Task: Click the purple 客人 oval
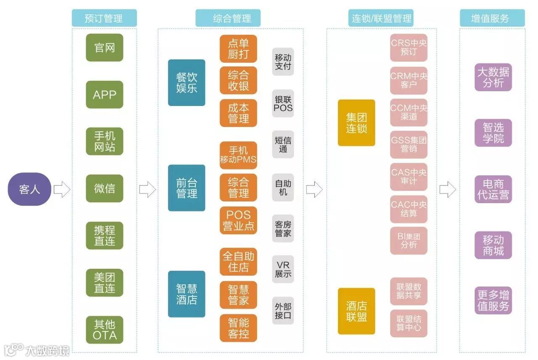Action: click(x=29, y=189)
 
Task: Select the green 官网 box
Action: click(x=105, y=48)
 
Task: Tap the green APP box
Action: click(x=105, y=95)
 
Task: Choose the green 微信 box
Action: click(x=105, y=188)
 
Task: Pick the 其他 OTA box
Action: click(x=105, y=330)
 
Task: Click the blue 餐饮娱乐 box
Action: click(x=187, y=82)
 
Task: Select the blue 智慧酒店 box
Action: click(x=187, y=294)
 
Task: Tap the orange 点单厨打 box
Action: click(x=238, y=49)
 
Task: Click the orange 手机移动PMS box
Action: click(x=238, y=155)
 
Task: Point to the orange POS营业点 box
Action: click(x=238, y=220)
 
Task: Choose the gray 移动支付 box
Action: click(x=283, y=62)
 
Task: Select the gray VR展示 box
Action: click(x=283, y=270)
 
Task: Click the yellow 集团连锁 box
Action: click(x=356, y=123)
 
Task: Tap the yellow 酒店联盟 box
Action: click(x=356, y=311)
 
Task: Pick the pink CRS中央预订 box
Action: click(x=409, y=48)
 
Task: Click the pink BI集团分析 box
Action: click(x=409, y=241)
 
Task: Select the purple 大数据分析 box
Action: click(x=493, y=77)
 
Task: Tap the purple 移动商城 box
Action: click(x=493, y=245)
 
